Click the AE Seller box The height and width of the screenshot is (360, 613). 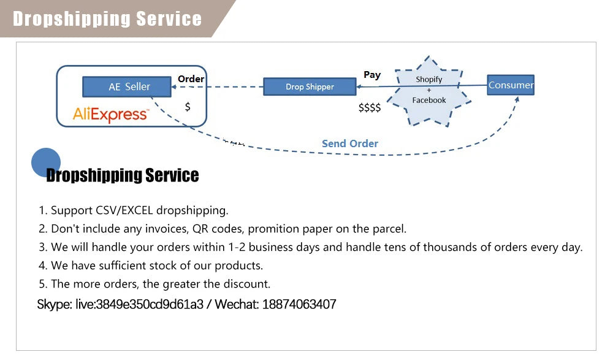pyautogui.click(x=128, y=86)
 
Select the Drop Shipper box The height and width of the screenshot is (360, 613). pyautogui.click(x=310, y=86)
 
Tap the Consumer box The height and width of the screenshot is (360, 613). pyautogui.click(x=511, y=85)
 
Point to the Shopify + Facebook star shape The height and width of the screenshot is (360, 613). pyautogui.click(x=429, y=91)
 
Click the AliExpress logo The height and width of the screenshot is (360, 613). pyautogui.click(x=110, y=114)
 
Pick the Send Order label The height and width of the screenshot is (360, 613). pyautogui.click(x=350, y=144)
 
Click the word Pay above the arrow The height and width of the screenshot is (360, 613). pyautogui.click(x=372, y=75)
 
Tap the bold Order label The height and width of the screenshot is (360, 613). pyautogui.click(x=191, y=79)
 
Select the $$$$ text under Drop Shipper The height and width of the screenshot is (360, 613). pyautogui.click(x=370, y=108)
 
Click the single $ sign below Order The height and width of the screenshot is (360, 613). pyautogui.click(x=188, y=107)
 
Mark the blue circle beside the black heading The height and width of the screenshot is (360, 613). pyautogui.click(x=45, y=163)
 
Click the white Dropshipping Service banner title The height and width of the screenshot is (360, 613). pyautogui.click(x=107, y=18)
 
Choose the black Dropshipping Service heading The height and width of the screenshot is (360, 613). pyautogui.click(x=123, y=175)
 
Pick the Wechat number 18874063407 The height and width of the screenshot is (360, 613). pyautogui.click(x=299, y=304)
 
